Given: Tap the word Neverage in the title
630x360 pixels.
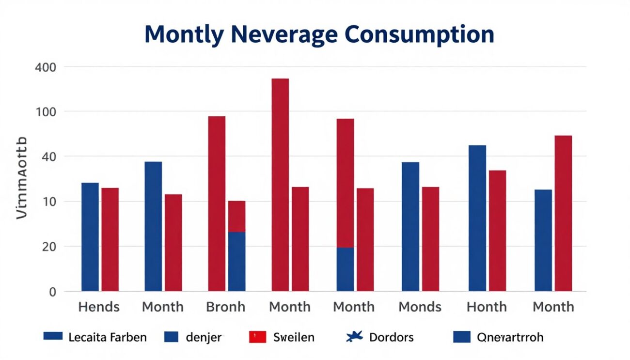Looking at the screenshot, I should pyautogui.click(x=286, y=35).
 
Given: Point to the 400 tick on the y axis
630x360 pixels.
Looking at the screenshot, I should pyautogui.click(x=46, y=67).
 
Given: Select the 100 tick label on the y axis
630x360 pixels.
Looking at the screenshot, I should pyautogui.click(x=46, y=112).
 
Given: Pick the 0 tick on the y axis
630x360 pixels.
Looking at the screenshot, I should pyautogui.click(x=52, y=292).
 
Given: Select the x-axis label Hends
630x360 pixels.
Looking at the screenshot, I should pyautogui.click(x=99, y=307).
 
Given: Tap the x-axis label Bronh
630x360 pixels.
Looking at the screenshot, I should pyautogui.click(x=226, y=307).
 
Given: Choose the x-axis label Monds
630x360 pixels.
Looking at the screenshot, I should pyautogui.click(x=420, y=307).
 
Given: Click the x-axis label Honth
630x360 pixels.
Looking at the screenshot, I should pyautogui.click(x=487, y=307).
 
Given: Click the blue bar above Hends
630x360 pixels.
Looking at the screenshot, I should pyautogui.click(x=90, y=237).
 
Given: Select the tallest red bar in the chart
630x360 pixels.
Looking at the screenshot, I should pyautogui.click(x=280, y=185).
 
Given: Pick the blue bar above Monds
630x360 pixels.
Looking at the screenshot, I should pyautogui.click(x=410, y=227).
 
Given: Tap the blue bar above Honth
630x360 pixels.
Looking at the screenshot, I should pyautogui.click(x=477, y=218).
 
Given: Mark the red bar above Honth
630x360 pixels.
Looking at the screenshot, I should pyautogui.click(x=497, y=231).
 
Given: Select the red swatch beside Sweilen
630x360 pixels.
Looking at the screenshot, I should pyautogui.click(x=257, y=337).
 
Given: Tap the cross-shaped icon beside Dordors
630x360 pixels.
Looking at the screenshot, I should pyautogui.click(x=355, y=337).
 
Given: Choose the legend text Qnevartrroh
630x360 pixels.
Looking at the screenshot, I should pyautogui.click(x=510, y=337).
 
